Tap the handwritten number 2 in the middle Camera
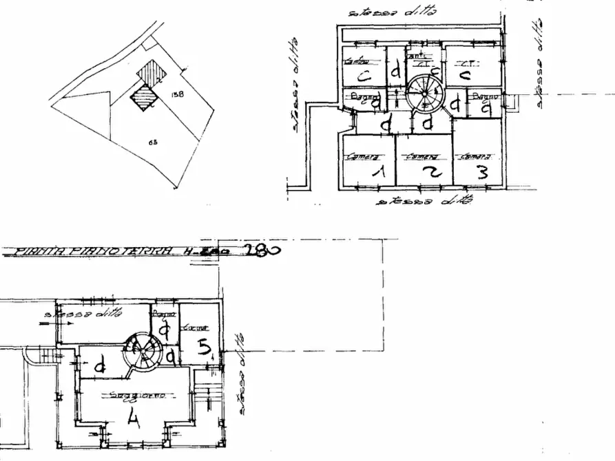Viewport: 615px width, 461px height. pyautogui.click(x=431, y=173)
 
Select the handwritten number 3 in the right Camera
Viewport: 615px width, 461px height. pyautogui.click(x=482, y=172)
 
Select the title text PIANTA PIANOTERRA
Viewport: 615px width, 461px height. pyautogui.click(x=90, y=252)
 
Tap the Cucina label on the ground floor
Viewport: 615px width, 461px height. pyautogui.click(x=191, y=328)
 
